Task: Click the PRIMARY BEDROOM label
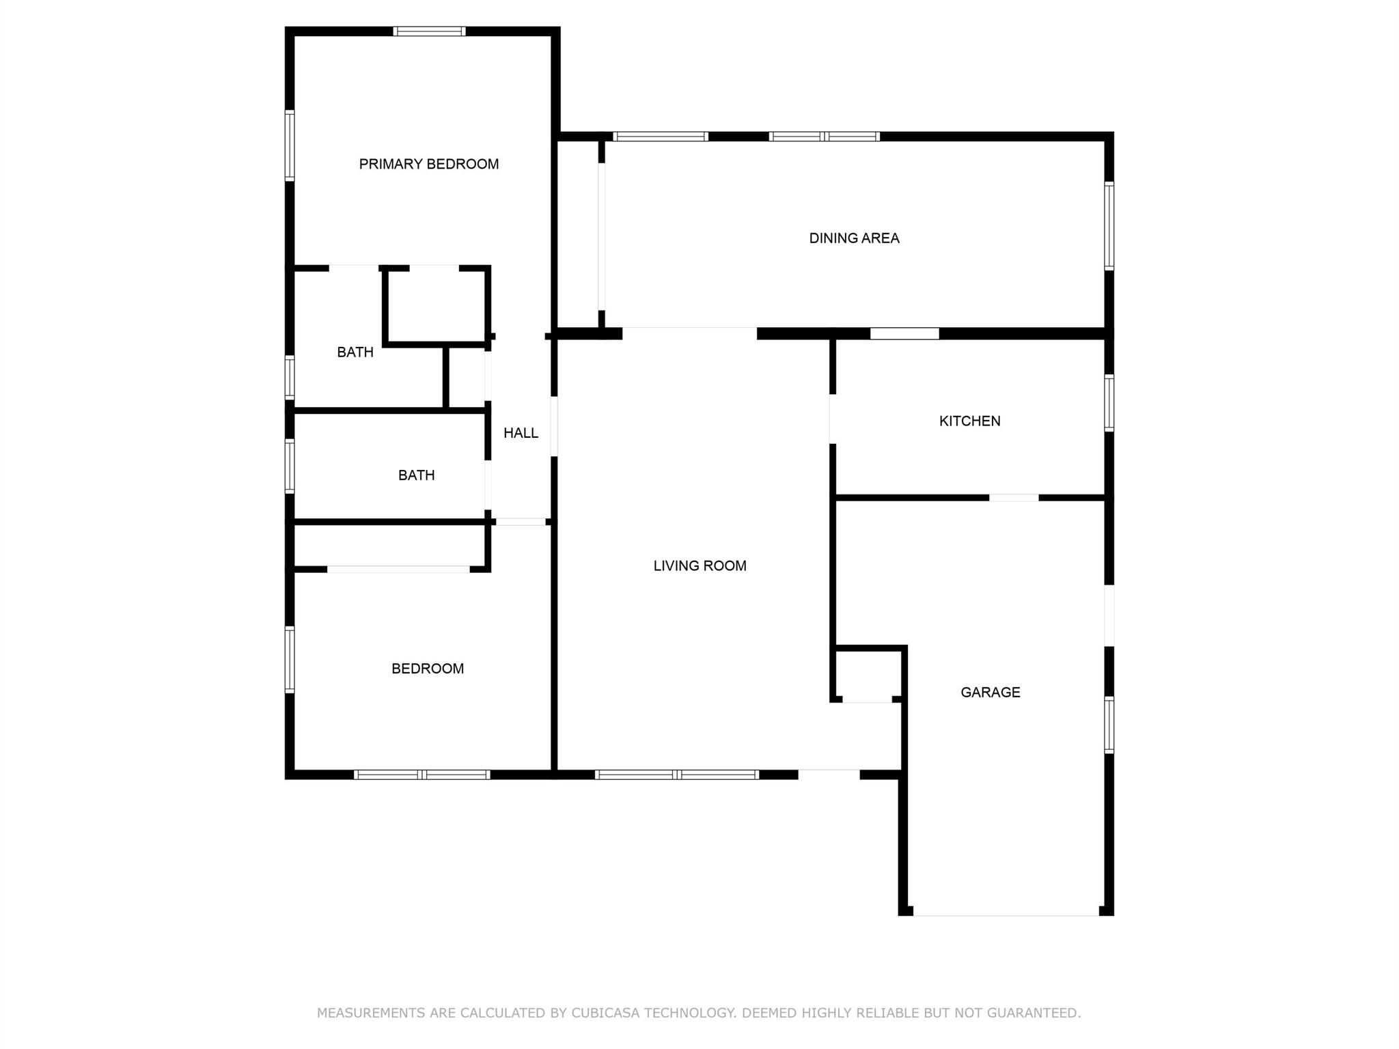(x=429, y=164)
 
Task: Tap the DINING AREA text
(x=854, y=238)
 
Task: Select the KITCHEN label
(x=969, y=421)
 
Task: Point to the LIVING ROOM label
(x=699, y=565)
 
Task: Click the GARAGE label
(x=991, y=693)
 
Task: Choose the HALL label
(x=521, y=433)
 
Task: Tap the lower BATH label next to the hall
(x=416, y=475)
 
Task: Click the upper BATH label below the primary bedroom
(x=355, y=352)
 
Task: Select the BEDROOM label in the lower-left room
(x=428, y=669)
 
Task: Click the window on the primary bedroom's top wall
(x=430, y=31)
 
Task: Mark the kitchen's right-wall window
(x=1109, y=403)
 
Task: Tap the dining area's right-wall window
(x=1109, y=226)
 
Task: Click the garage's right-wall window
(x=1109, y=725)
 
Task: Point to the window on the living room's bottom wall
(x=677, y=774)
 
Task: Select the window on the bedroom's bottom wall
(x=422, y=774)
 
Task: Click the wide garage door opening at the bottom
(x=1006, y=911)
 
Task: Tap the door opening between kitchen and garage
(x=1014, y=498)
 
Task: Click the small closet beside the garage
(x=869, y=675)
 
